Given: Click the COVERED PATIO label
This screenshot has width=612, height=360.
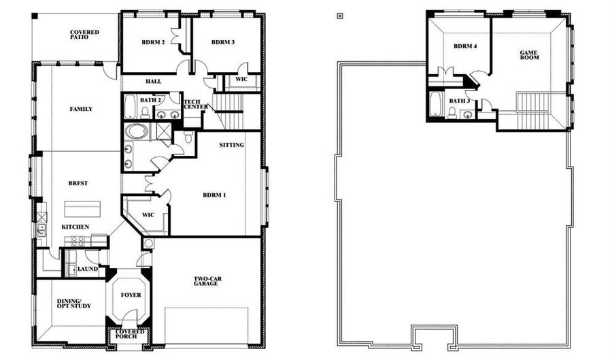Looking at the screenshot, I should click(84, 35).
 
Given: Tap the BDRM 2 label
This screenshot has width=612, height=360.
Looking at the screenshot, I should click(153, 42).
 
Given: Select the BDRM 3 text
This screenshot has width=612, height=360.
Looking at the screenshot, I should click(223, 42).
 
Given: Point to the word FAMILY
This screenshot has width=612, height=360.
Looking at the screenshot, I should click(81, 109).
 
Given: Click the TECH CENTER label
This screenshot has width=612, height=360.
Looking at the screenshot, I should click(195, 104).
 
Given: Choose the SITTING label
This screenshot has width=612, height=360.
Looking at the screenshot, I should click(231, 145).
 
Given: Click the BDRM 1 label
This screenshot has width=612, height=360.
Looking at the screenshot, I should click(214, 195).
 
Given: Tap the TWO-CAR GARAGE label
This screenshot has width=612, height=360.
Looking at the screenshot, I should click(205, 280).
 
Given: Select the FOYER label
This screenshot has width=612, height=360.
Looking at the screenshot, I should click(131, 295).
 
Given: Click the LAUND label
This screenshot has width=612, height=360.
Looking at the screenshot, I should click(88, 269).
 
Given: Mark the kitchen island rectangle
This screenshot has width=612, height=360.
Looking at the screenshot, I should click(80, 208).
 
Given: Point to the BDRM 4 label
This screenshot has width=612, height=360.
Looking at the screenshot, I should click(465, 46).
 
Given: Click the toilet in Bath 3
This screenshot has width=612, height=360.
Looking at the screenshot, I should click(452, 112).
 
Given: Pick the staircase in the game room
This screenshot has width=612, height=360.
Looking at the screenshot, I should click(532, 103).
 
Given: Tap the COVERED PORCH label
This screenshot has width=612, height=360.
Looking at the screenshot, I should click(131, 333).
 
